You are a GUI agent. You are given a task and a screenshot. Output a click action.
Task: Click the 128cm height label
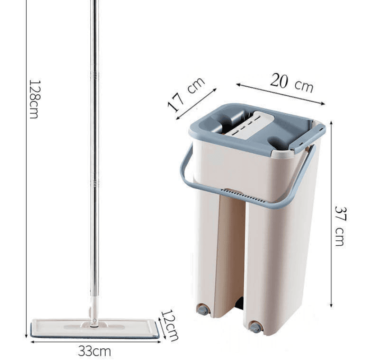34,99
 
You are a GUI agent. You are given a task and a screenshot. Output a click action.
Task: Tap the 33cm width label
94,351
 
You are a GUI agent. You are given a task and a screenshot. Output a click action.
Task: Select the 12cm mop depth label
170,325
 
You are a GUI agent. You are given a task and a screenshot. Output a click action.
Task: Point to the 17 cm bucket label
186,94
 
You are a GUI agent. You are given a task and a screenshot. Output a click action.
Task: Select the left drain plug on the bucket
203,310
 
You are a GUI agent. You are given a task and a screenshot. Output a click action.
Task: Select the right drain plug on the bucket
256,327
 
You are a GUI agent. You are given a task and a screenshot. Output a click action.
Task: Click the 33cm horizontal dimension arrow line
94,341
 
